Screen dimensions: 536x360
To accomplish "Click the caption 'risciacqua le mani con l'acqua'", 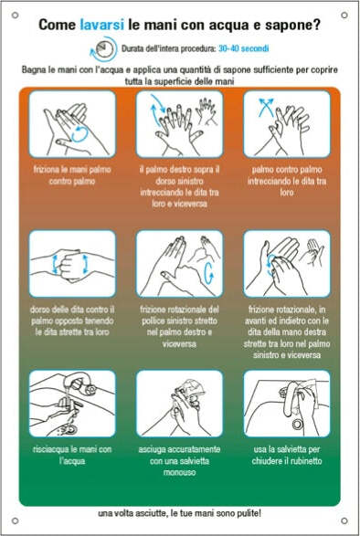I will [72, 455].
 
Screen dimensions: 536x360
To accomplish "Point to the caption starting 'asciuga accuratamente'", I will [179, 460].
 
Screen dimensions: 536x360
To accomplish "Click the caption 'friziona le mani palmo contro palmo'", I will [72, 174].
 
